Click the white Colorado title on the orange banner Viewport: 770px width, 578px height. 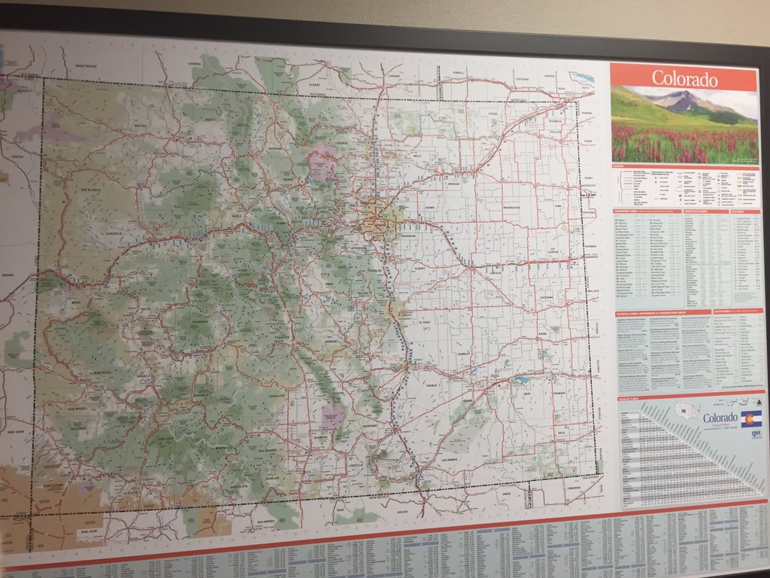(684, 78)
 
